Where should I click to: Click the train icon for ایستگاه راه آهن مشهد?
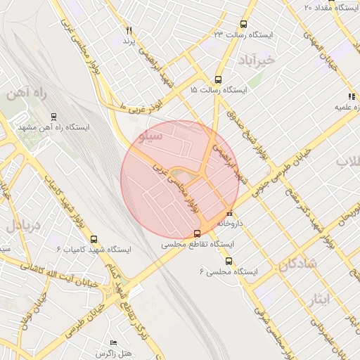tap(54, 116)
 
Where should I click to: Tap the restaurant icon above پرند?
tap(129, 31)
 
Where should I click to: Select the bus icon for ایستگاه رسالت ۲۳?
tap(244, 24)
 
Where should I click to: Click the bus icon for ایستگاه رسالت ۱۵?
tap(218, 80)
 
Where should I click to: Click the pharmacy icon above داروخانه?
tap(229, 213)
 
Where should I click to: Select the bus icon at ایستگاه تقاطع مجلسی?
tap(197, 233)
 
